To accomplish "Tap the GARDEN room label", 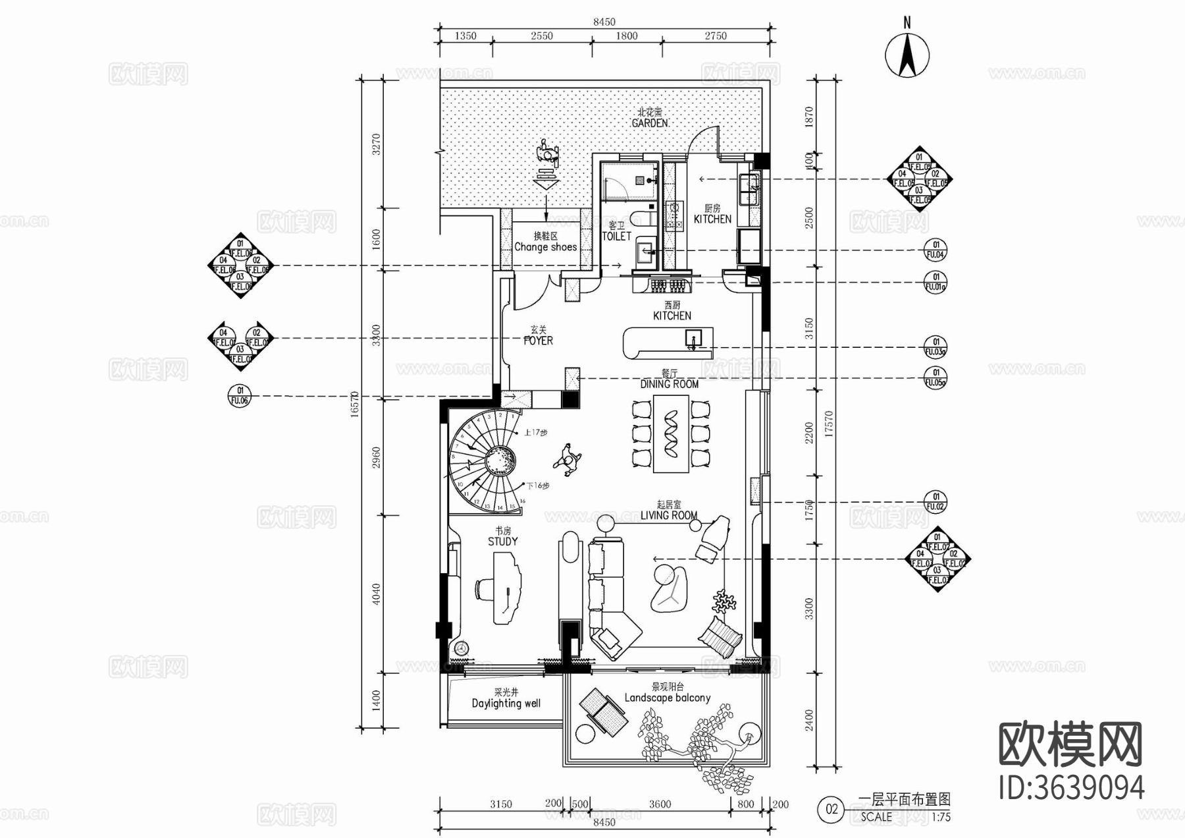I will tap(649, 123).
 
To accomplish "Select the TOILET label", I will tap(616, 236).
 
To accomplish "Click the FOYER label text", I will tap(538, 341).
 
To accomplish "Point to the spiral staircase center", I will tap(500, 460).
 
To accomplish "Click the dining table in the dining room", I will tap(671, 434).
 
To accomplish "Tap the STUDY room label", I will tap(502, 541).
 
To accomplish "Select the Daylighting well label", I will tap(506, 703).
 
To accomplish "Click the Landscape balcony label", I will tap(667, 698).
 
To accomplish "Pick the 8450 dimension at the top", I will tap(604, 22).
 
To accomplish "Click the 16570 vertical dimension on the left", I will tap(355, 403).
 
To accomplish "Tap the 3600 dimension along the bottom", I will tap(660, 804).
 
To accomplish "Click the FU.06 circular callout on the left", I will tap(240, 395).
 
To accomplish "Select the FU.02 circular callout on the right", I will tap(935, 502).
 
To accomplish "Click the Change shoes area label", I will tap(545, 247).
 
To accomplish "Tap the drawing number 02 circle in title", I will tap(832, 809).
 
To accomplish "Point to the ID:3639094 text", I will tap(1071, 788).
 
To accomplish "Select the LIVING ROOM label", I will tap(669, 515).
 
